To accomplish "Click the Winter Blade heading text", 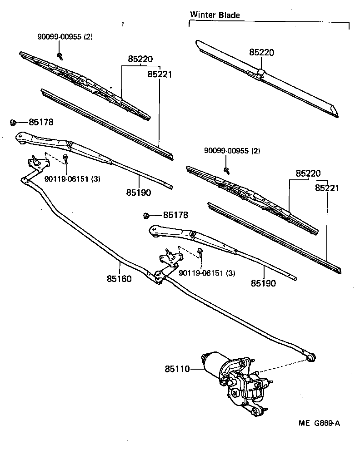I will pos(215,15).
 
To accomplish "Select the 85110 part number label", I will pos(177,370).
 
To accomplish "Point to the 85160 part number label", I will pos(120,279).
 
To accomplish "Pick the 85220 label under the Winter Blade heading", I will pos(261,52).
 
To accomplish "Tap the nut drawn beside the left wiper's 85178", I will pos(14,122).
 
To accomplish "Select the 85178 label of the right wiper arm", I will pos(175,215).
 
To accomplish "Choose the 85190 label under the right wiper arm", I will pos(263,283).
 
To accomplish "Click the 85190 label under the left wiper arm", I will pos(139,193).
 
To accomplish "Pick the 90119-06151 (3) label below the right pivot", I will pos(207,273).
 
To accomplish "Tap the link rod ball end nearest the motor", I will pos(310,358).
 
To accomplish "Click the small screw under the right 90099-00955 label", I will pos(226,170).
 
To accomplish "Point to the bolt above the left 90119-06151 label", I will pos(66,158).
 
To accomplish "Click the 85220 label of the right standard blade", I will pos(308,173).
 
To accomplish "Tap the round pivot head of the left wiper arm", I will pos(20,136).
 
